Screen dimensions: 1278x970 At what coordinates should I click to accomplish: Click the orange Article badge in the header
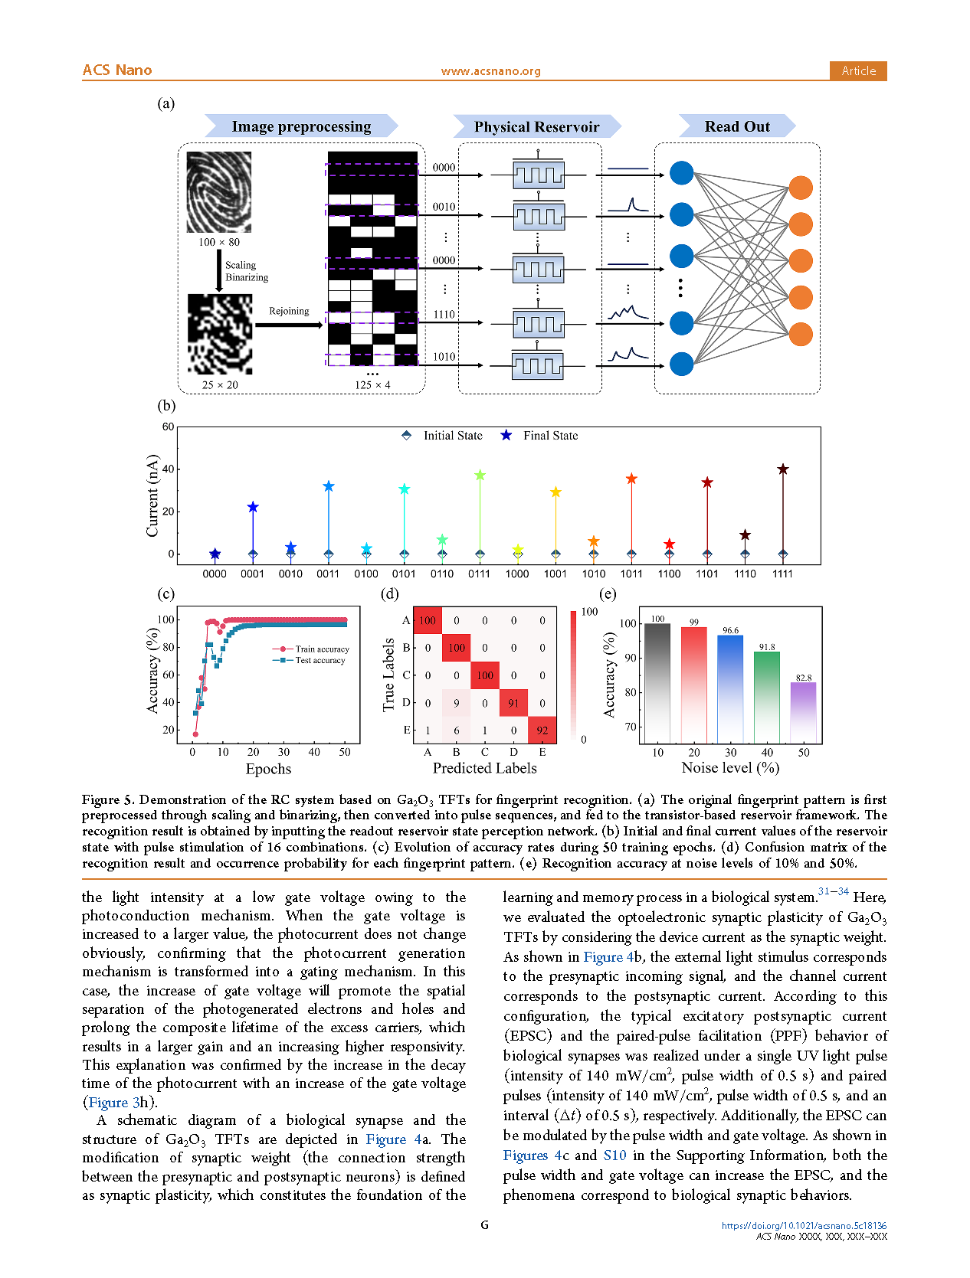point(857,70)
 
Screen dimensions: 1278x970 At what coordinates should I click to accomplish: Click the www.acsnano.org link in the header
point(490,71)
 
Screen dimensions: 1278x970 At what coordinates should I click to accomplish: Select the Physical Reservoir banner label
point(536,126)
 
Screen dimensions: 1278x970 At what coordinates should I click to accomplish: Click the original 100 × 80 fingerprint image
point(219,191)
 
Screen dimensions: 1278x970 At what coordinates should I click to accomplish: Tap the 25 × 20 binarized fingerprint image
point(220,334)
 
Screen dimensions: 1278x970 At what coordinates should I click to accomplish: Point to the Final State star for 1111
point(782,469)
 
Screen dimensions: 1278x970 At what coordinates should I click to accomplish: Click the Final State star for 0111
point(480,476)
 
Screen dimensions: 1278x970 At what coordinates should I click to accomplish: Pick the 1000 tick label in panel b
point(517,574)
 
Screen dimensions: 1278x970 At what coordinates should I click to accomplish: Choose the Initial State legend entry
point(443,436)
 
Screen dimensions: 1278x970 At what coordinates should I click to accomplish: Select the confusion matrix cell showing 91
point(513,703)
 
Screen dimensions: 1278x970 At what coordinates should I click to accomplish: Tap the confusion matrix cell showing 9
point(457,703)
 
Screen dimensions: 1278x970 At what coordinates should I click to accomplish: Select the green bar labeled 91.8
point(767,697)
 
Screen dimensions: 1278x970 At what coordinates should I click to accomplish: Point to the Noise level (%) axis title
point(730,767)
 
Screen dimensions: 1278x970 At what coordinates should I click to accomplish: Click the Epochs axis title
point(268,769)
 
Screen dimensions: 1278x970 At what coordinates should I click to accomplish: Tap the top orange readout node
point(800,188)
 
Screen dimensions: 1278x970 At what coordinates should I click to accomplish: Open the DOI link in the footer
point(804,1225)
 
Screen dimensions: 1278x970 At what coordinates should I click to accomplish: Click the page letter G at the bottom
point(484,1224)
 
